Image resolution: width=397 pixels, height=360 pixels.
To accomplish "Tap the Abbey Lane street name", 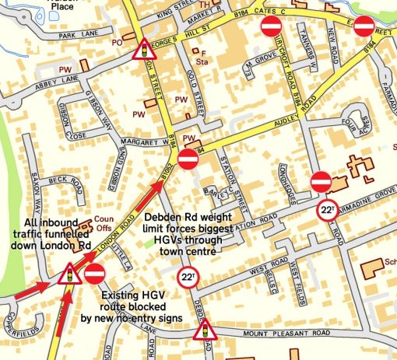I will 33,80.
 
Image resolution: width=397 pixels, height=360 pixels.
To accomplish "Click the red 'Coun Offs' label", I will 103,222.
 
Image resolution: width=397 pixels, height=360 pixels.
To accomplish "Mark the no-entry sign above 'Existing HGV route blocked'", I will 94,274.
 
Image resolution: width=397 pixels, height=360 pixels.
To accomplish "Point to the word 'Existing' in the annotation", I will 125,295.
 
